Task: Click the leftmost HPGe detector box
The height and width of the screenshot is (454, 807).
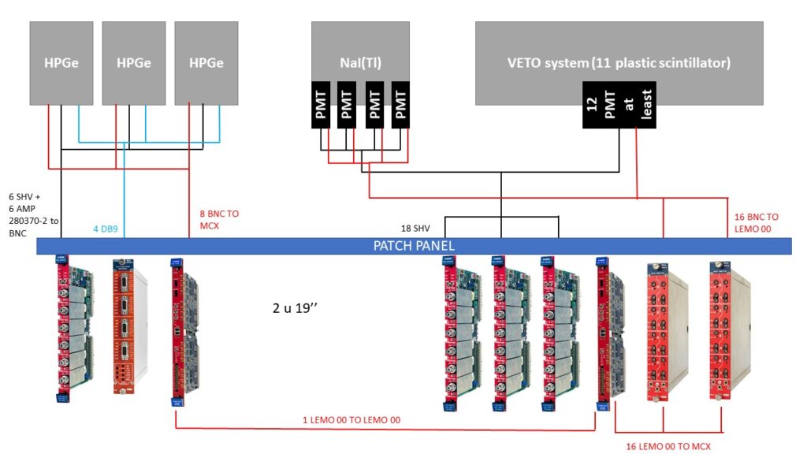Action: [61, 63]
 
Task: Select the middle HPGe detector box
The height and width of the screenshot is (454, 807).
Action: [133, 63]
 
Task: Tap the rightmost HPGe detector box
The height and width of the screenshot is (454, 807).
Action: [206, 63]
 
